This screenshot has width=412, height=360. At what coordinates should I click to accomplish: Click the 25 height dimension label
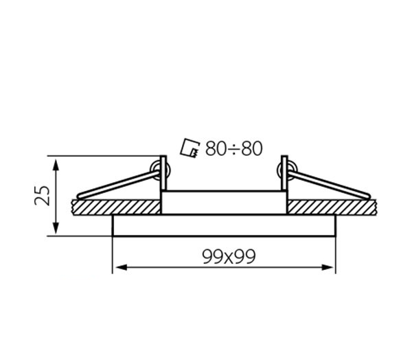coord(42,196)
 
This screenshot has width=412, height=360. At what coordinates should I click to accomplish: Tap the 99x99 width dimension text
coord(229,257)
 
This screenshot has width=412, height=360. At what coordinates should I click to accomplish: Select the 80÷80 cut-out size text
coord(234,148)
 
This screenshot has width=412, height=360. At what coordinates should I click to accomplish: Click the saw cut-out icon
coord(190,148)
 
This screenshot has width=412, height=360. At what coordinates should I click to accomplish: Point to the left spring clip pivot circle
coord(159,171)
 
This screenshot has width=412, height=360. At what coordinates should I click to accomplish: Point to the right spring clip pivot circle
coord(288,170)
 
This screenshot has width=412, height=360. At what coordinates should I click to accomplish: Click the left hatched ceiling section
coord(116,207)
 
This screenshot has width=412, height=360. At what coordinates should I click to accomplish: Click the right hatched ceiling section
coord(332,207)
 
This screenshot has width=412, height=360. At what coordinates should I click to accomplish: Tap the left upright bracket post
coord(163,173)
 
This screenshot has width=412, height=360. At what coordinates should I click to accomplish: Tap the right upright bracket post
coord(284,173)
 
